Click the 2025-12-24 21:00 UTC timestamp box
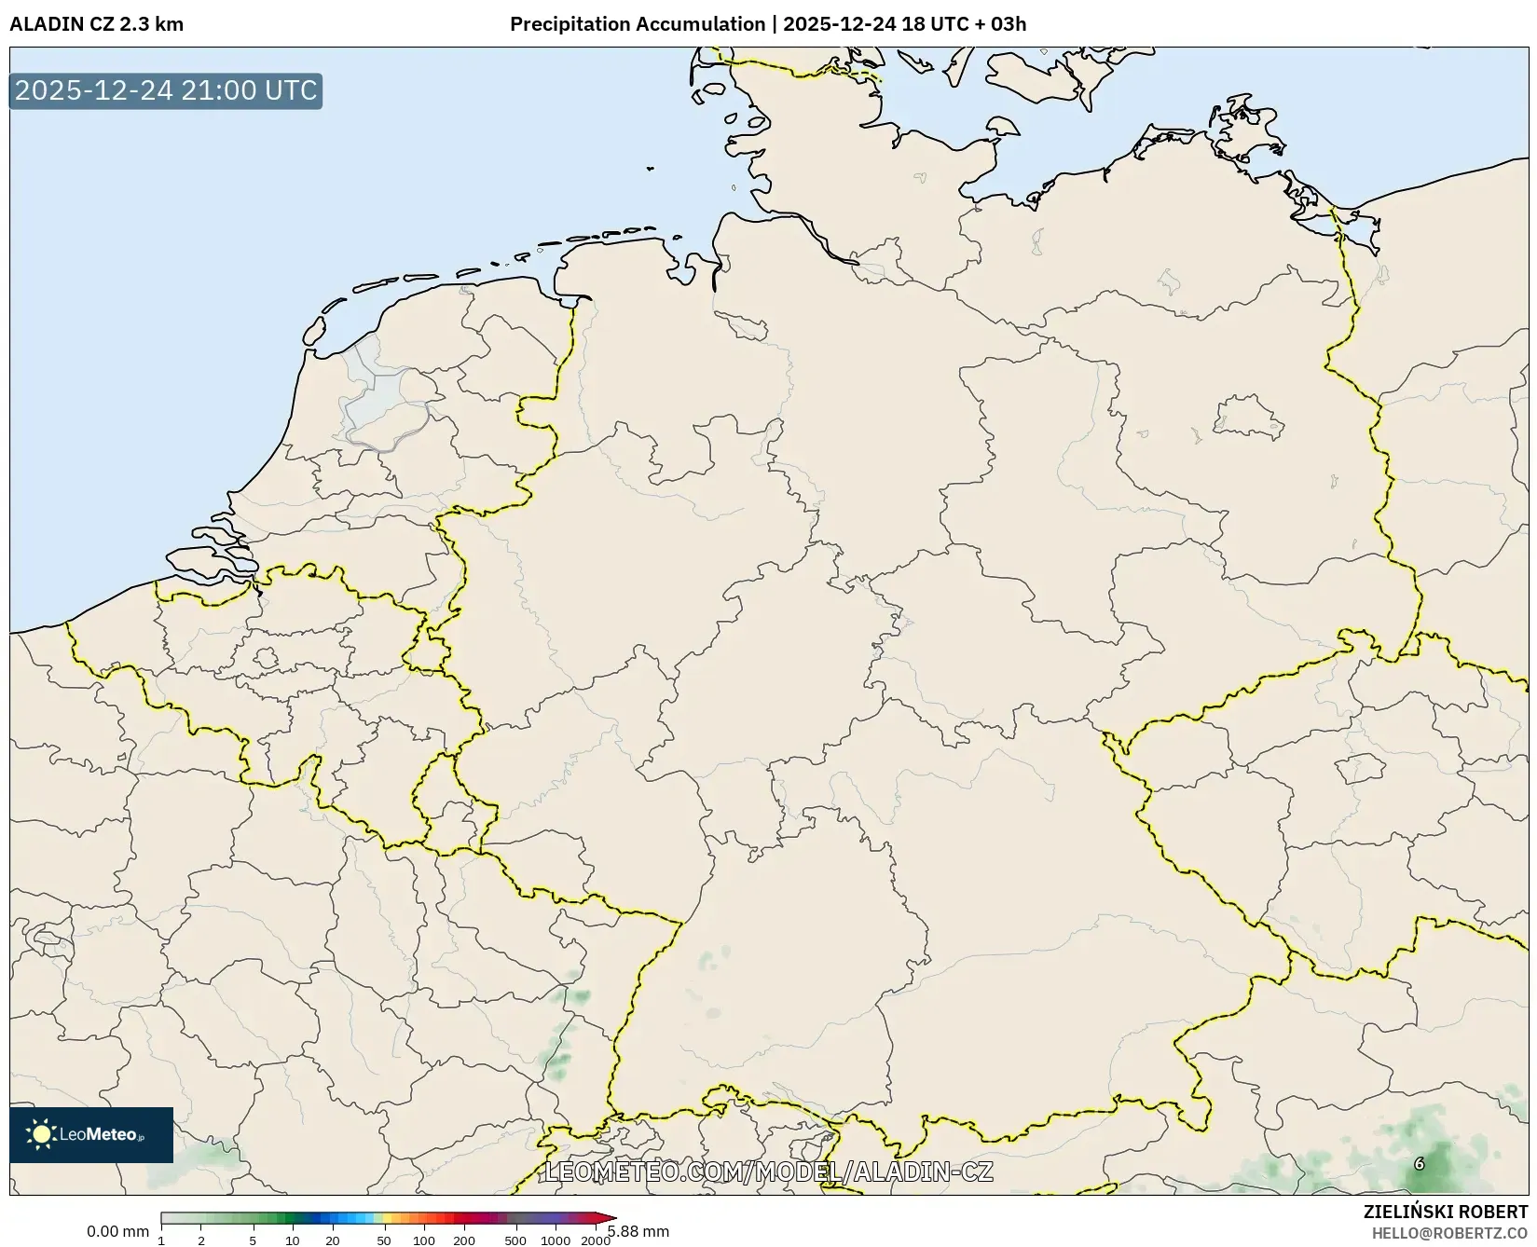tap(166, 90)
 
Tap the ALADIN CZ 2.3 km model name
tap(96, 24)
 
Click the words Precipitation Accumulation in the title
tap(637, 24)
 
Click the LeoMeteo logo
tap(91, 1134)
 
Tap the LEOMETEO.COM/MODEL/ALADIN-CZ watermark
tap(768, 1172)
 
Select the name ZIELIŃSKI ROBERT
tap(1446, 1213)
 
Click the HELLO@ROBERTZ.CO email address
tap(1449, 1233)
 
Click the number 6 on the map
tap(1420, 1163)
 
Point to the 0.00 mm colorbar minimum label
tap(117, 1232)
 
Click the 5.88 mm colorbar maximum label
tap(638, 1232)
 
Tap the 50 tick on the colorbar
tap(384, 1240)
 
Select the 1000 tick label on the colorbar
tap(556, 1240)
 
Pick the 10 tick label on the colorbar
tap(293, 1240)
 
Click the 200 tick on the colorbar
tap(464, 1240)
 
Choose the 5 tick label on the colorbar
tap(253, 1240)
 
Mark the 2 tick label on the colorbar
tap(201, 1240)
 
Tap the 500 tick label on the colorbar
tap(515, 1240)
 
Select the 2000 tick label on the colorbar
tap(596, 1240)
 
